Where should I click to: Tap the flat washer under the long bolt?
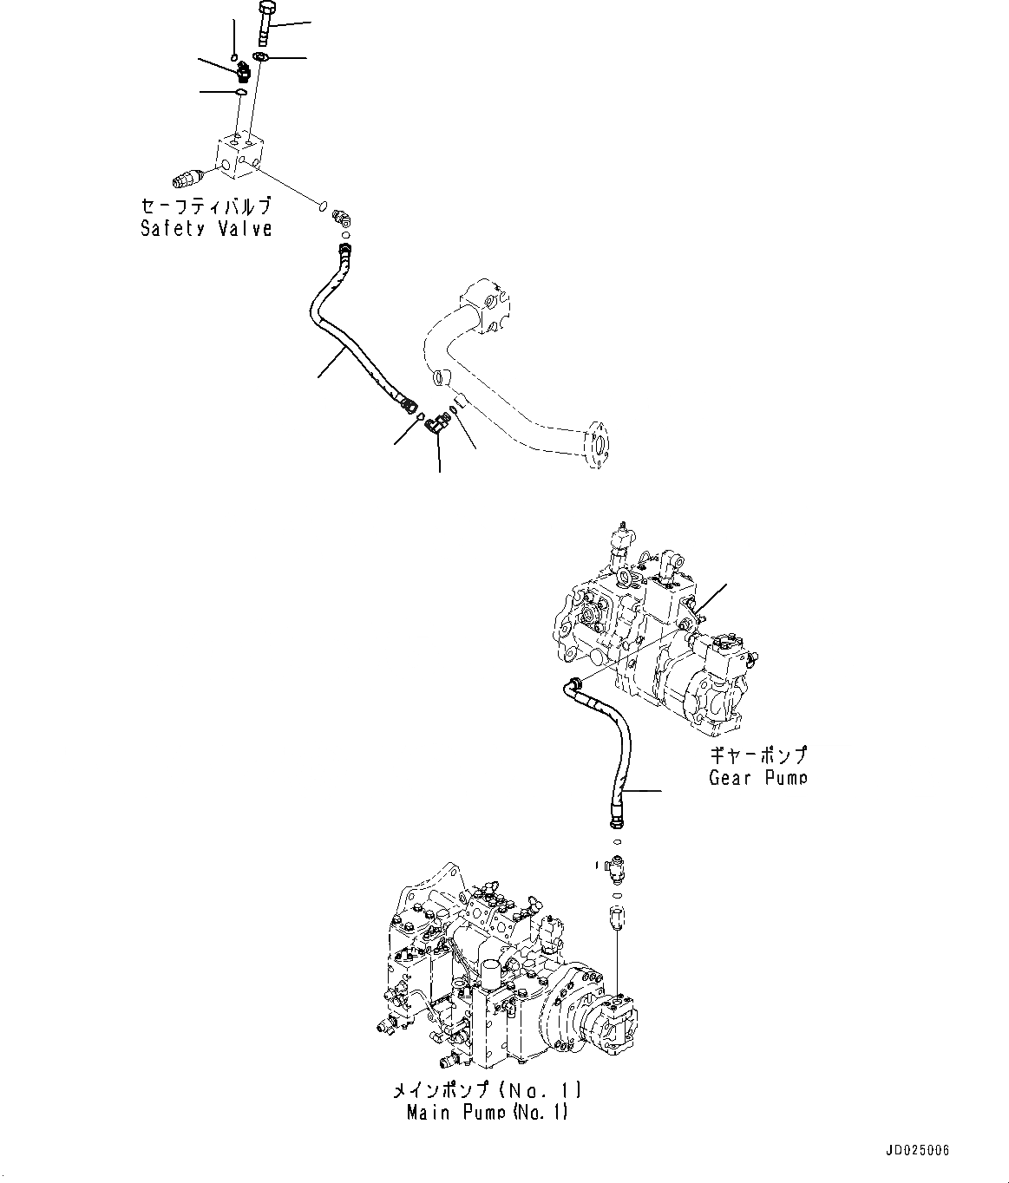click(259, 58)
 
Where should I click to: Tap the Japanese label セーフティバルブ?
click(206, 206)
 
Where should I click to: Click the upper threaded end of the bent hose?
click(345, 252)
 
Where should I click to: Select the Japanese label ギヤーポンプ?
click(757, 755)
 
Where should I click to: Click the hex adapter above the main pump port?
click(616, 916)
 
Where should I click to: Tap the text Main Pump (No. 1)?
click(487, 1112)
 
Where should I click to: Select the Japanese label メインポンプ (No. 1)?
click(487, 1088)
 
